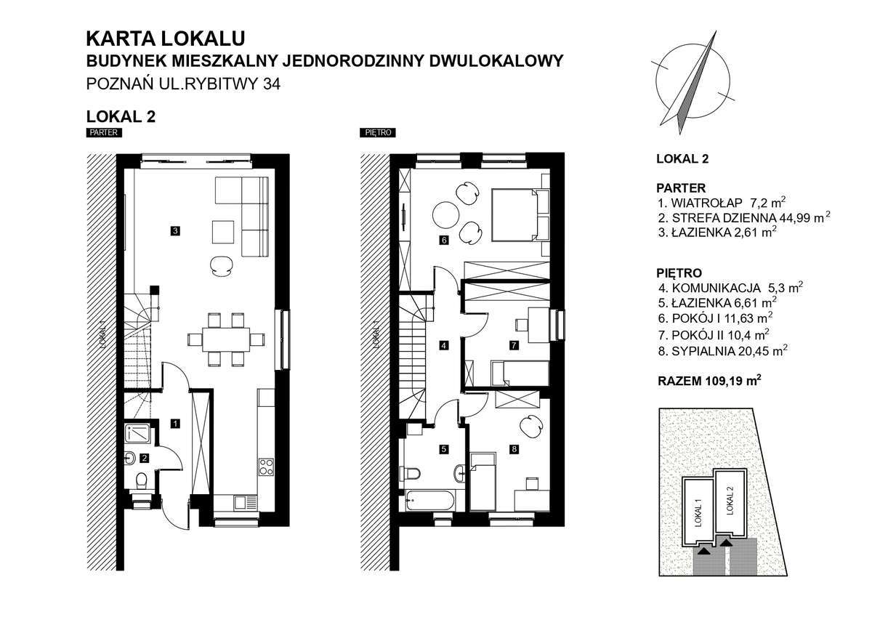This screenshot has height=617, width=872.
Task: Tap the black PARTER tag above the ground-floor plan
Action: [x=103, y=133]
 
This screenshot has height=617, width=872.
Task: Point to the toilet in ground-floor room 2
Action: [x=142, y=480]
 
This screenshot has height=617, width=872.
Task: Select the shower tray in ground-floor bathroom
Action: [x=139, y=433]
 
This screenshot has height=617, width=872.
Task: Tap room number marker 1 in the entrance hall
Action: [x=175, y=422]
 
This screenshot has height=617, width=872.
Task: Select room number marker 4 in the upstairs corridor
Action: [x=443, y=346]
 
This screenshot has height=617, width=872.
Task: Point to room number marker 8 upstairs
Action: [x=514, y=449]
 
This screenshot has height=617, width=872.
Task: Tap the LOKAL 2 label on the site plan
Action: [x=731, y=501]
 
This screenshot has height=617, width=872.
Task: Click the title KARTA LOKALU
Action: [x=166, y=37]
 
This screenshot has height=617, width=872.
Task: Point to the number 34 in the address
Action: [x=272, y=84]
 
